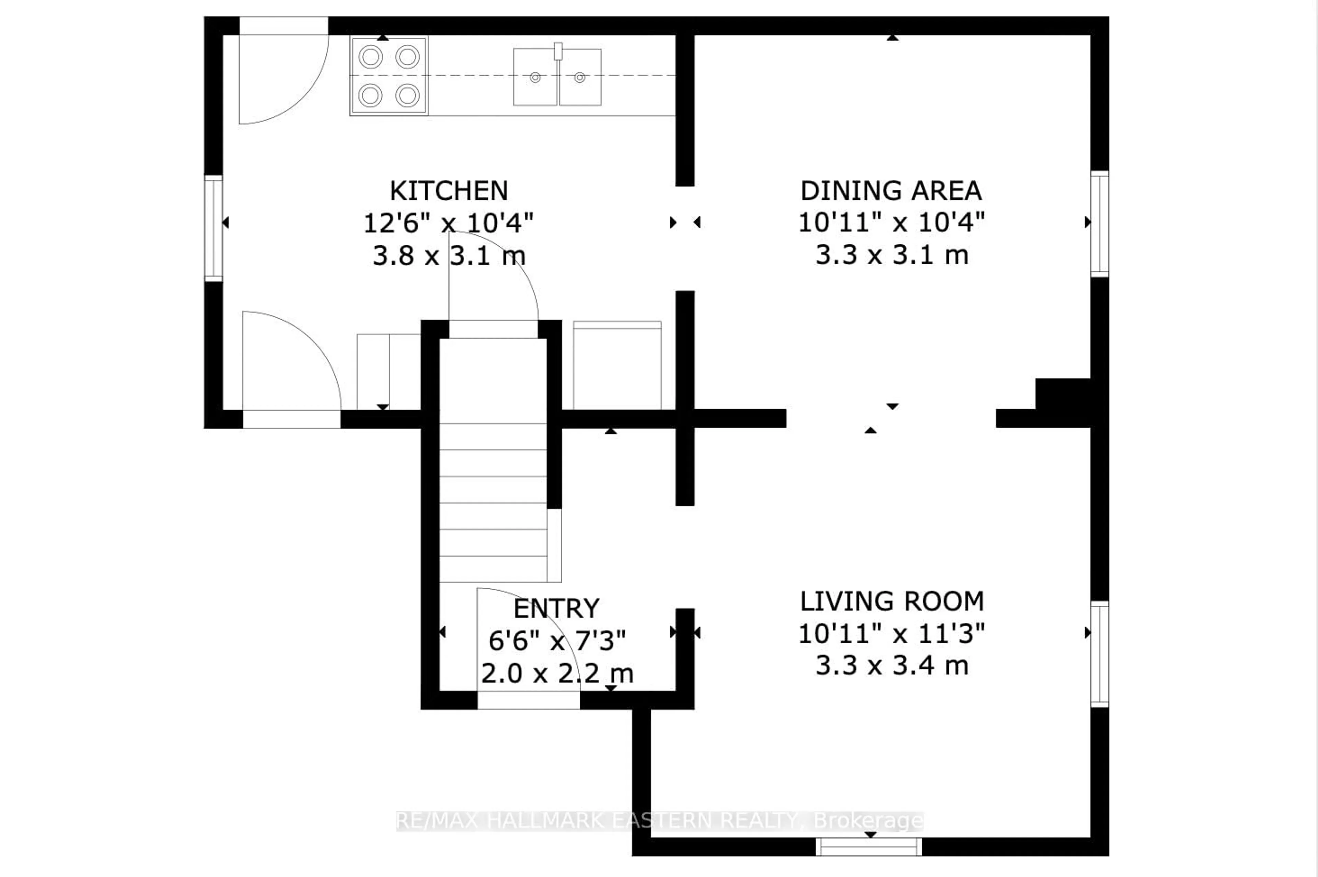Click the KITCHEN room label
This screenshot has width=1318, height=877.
(449, 191)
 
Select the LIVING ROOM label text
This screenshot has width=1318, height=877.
(891, 601)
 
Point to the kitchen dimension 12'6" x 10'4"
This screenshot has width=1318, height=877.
(449, 223)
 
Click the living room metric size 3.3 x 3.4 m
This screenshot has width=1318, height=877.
(891, 666)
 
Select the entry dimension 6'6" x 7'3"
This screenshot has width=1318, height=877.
(556, 641)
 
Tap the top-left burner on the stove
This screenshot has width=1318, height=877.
(370, 57)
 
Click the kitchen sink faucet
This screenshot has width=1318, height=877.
(557, 51)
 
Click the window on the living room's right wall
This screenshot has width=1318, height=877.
(1099, 653)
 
